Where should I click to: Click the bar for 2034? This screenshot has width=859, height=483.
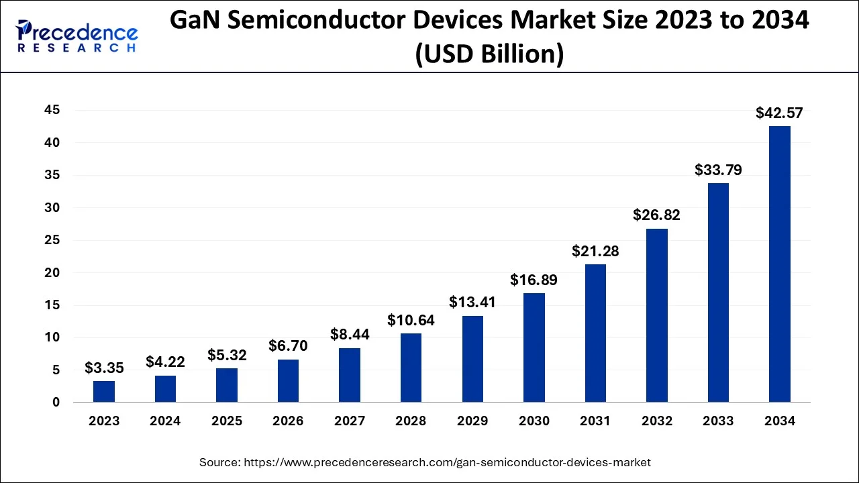point(779,264)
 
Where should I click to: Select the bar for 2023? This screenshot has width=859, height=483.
point(104,392)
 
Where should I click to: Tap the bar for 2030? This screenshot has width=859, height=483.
point(534,347)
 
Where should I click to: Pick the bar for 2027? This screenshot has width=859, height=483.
point(350,375)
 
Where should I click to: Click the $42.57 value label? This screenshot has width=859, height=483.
point(779,113)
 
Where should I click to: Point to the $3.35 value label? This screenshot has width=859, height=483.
point(104,368)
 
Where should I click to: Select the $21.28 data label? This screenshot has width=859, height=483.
point(595,252)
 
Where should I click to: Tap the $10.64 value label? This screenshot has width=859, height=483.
point(411,321)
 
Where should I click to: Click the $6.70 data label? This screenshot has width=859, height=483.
point(288,346)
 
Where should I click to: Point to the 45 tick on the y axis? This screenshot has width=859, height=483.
point(52,110)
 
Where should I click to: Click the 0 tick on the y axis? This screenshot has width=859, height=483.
point(56,402)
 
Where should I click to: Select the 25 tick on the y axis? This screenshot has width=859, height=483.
point(52,240)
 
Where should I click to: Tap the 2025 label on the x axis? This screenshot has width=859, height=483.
point(227,421)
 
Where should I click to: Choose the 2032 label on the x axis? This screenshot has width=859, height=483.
point(657,421)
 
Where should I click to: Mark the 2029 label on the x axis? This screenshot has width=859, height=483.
point(472,421)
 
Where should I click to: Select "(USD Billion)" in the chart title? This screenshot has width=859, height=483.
point(489,54)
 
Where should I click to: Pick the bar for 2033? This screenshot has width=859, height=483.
point(718,293)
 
